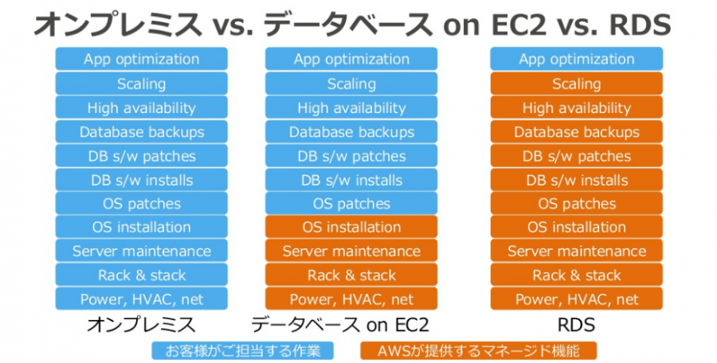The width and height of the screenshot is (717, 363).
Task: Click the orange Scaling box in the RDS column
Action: point(576,84)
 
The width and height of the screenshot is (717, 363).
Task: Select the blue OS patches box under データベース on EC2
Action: point(351,204)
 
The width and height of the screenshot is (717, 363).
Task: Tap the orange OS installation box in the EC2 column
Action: point(351,227)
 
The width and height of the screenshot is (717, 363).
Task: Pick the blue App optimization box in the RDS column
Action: point(576,59)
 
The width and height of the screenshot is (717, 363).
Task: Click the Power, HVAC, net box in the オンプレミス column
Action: point(141,299)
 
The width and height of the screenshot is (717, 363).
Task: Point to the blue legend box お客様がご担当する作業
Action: point(243,350)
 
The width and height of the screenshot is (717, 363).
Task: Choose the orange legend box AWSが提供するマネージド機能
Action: point(478,350)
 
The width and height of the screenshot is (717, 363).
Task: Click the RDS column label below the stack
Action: point(576,325)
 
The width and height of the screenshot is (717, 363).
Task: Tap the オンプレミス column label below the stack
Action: point(141,325)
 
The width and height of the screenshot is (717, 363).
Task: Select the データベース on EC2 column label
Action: point(340,325)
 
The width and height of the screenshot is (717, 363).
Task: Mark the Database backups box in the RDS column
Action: point(576,131)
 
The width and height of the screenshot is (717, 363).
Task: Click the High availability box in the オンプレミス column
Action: point(141,108)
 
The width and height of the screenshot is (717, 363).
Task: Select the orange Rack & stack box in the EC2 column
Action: point(351,275)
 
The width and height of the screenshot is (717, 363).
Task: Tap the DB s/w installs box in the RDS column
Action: point(576,180)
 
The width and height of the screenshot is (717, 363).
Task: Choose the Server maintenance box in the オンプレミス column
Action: point(141,251)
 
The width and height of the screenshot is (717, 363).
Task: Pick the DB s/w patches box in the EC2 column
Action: point(351,156)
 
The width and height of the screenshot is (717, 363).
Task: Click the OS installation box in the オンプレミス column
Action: point(141,227)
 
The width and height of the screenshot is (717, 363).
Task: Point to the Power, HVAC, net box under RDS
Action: point(576,299)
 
